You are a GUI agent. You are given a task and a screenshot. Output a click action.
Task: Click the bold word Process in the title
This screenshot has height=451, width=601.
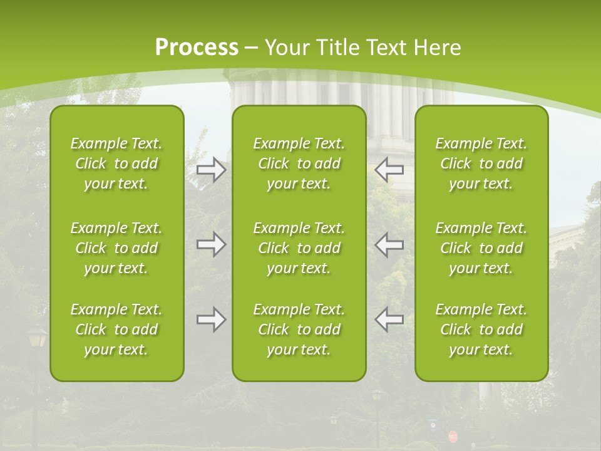coord(197,48)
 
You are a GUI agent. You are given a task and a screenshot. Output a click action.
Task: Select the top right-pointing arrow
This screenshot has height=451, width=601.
coord(211,170)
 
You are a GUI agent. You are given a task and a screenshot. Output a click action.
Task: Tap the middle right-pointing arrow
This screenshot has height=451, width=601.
coord(211,245)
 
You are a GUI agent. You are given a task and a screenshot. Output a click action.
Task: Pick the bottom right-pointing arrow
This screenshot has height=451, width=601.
coord(211,320)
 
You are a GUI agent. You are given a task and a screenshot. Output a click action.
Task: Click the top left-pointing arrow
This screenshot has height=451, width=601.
coord(389,170)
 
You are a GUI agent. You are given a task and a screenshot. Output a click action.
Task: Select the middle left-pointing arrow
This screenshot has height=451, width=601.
coord(389,245)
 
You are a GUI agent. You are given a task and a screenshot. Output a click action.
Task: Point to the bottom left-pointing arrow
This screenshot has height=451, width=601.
coord(389,320)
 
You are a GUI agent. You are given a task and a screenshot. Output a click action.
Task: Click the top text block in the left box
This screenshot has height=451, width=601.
coord(116,163)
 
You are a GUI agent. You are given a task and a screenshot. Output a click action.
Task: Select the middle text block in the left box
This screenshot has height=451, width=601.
coord(116,248)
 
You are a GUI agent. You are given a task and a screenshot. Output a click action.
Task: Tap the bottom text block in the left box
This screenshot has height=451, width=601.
coord(116,329)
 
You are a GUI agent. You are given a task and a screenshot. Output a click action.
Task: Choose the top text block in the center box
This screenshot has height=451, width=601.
coord(299,163)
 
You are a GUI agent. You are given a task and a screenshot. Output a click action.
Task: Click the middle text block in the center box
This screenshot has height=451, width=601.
coord(299,248)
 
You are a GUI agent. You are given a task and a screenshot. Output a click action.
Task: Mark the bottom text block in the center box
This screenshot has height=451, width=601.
coord(299,329)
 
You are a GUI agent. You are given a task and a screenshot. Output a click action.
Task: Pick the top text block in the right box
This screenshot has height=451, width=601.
coord(481,163)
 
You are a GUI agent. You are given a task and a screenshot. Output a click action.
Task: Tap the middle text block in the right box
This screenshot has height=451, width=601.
coord(481,248)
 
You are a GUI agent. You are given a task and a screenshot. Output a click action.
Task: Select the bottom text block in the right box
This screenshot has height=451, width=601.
coord(481,329)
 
